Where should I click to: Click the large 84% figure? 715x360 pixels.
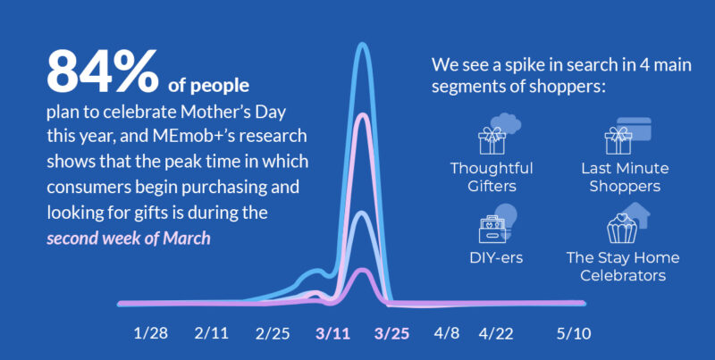pyautogui.click(x=103, y=71)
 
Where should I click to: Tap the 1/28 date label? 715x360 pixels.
pyautogui.click(x=151, y=333)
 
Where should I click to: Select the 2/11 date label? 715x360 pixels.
pyautogui.click(x=211, y=333)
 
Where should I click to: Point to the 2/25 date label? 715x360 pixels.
pyautogui.click(x=273, y=333)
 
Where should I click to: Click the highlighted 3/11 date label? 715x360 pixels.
pyautogui.click(x=332, y=333)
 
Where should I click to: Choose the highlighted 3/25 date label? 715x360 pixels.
pyautogui.click(x=391, y=333)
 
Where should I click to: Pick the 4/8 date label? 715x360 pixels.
pyautogui.click(x=447, y=333)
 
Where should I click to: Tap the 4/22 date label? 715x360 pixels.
pyautogui.click(x=496, y=333)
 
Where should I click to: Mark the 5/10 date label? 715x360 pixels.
pyautogui.click(x=574, y=333)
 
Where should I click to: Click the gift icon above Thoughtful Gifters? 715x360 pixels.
pyautogui.click(x=492, y=140)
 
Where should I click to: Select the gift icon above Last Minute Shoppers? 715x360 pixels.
pyautogui.click(x=618, y=140)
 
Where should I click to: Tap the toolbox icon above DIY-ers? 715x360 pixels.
pyautogui.click(x=492, y=229)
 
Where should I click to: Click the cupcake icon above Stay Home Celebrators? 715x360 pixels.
pyautogui.click(x=622, y=229)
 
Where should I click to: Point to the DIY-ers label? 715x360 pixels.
pyautogui.click(x=496, y=258)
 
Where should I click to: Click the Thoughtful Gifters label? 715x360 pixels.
pyautogui.click(x=492, y=177)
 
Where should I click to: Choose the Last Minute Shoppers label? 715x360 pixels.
pyautogui.click(x=625, y=177)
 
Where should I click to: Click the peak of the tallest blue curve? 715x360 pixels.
pyautogui.click(x=363, y=44)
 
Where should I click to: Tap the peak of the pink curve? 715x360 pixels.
pyautogui.click(x=363, y=115)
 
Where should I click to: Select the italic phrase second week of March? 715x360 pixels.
pyautogui.click(x=129, y=239)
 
